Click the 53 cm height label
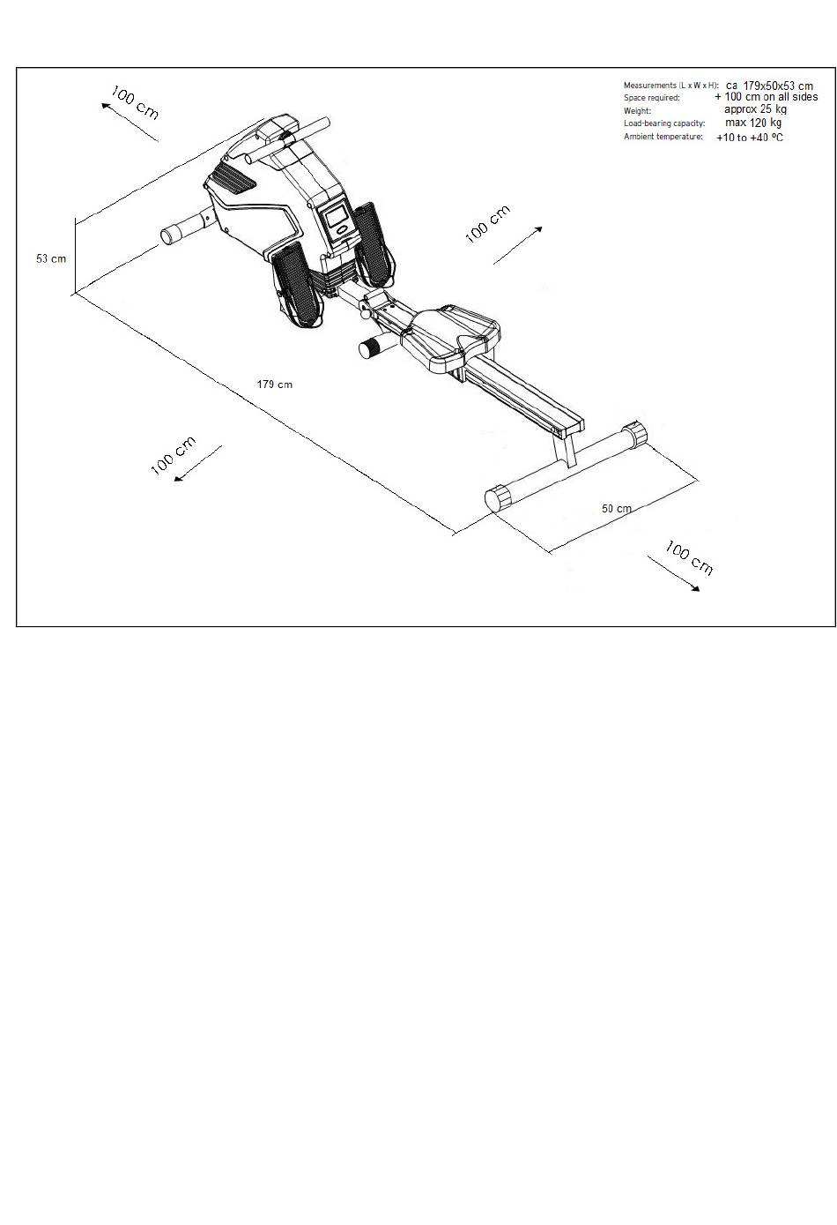[x=51, y=258]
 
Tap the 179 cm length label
[x=275, y=385]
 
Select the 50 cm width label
[x=617, y=509]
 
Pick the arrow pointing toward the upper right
[x=517, y=244]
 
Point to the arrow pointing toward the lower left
[x=198, y=463]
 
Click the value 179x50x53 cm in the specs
[x=770, y=86]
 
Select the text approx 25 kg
[x=755, y=109]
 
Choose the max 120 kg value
[x=753, y=123]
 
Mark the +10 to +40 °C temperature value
[x=749, y=138]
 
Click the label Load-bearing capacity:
[x=664, y=123]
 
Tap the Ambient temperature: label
[x=663, y=137]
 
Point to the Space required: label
[x=652, y=98]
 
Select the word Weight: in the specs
[x=637, y=111]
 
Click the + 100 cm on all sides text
[x=766, y=97]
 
